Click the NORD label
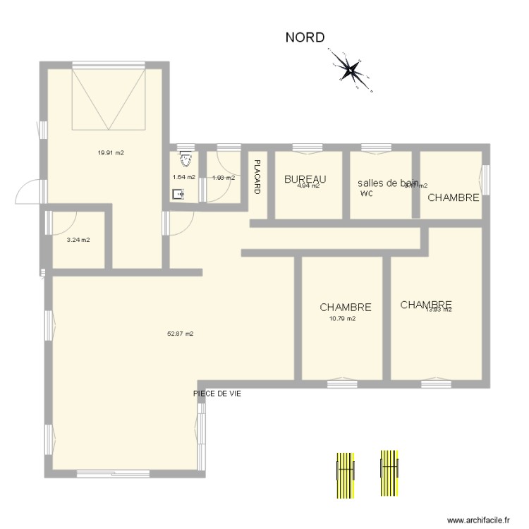coord(305,37)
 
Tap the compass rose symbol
coord(351,69)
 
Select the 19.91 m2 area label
coord(111,152)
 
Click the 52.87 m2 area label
coord(180,334)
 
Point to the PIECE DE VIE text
coord(217,394)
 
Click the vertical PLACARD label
coord(257,177)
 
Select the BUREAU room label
coord(305,179)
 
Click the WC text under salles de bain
coord(365,193)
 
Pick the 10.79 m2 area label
coord(342,318)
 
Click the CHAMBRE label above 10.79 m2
coord(345,308)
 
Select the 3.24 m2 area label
coord(78,240)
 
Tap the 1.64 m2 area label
coord(183,178)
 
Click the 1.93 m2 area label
coord(223,178)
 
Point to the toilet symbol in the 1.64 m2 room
coord(184,159)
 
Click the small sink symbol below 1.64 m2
coord(178,193)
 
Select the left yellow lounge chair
coord(343,474)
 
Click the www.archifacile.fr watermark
coord(478,518)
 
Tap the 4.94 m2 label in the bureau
coord(308,186)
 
